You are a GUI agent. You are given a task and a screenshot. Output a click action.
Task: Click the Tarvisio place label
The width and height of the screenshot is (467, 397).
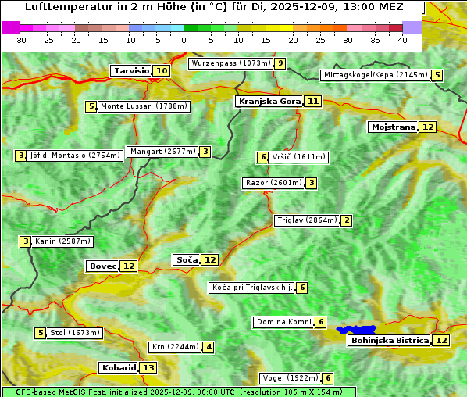tap(131, 70)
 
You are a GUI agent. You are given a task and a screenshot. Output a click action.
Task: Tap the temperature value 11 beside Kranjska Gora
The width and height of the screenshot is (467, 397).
tap(313, 101)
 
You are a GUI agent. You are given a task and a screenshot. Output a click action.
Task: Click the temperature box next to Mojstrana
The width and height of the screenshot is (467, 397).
tap(427, 127)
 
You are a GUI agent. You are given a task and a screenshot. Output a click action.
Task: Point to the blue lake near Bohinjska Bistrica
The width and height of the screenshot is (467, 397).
tap(356, 331)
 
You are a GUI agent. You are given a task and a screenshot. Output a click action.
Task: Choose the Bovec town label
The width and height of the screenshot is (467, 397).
tap(102, 266)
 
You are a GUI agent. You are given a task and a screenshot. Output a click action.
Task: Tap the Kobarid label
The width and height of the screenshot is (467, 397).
tap(118, 367)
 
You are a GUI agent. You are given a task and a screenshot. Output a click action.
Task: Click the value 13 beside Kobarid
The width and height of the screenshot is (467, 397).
tap(148, 367)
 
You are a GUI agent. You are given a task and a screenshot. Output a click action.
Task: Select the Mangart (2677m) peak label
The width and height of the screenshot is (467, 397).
tap(162, 152)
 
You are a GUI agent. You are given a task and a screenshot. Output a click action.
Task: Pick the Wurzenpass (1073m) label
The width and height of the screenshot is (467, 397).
tap(231, 63)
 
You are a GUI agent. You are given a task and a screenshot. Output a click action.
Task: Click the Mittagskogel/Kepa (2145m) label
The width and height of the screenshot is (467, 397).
tap(375, 75)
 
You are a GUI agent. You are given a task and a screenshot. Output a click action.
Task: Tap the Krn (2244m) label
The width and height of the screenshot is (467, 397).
tap(174, 347)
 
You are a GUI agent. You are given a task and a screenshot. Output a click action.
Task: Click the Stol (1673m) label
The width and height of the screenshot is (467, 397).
tap(75, 333)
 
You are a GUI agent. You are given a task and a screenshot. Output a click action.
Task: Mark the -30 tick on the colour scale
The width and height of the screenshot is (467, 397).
tap(20, 39)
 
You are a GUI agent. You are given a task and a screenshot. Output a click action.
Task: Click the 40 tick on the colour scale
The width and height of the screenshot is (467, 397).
tap(402, 39)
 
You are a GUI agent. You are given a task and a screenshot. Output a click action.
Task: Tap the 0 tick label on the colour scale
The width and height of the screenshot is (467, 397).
tap(184, 39)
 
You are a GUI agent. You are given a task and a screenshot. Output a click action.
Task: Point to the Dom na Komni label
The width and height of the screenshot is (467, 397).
tap(283, 322)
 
